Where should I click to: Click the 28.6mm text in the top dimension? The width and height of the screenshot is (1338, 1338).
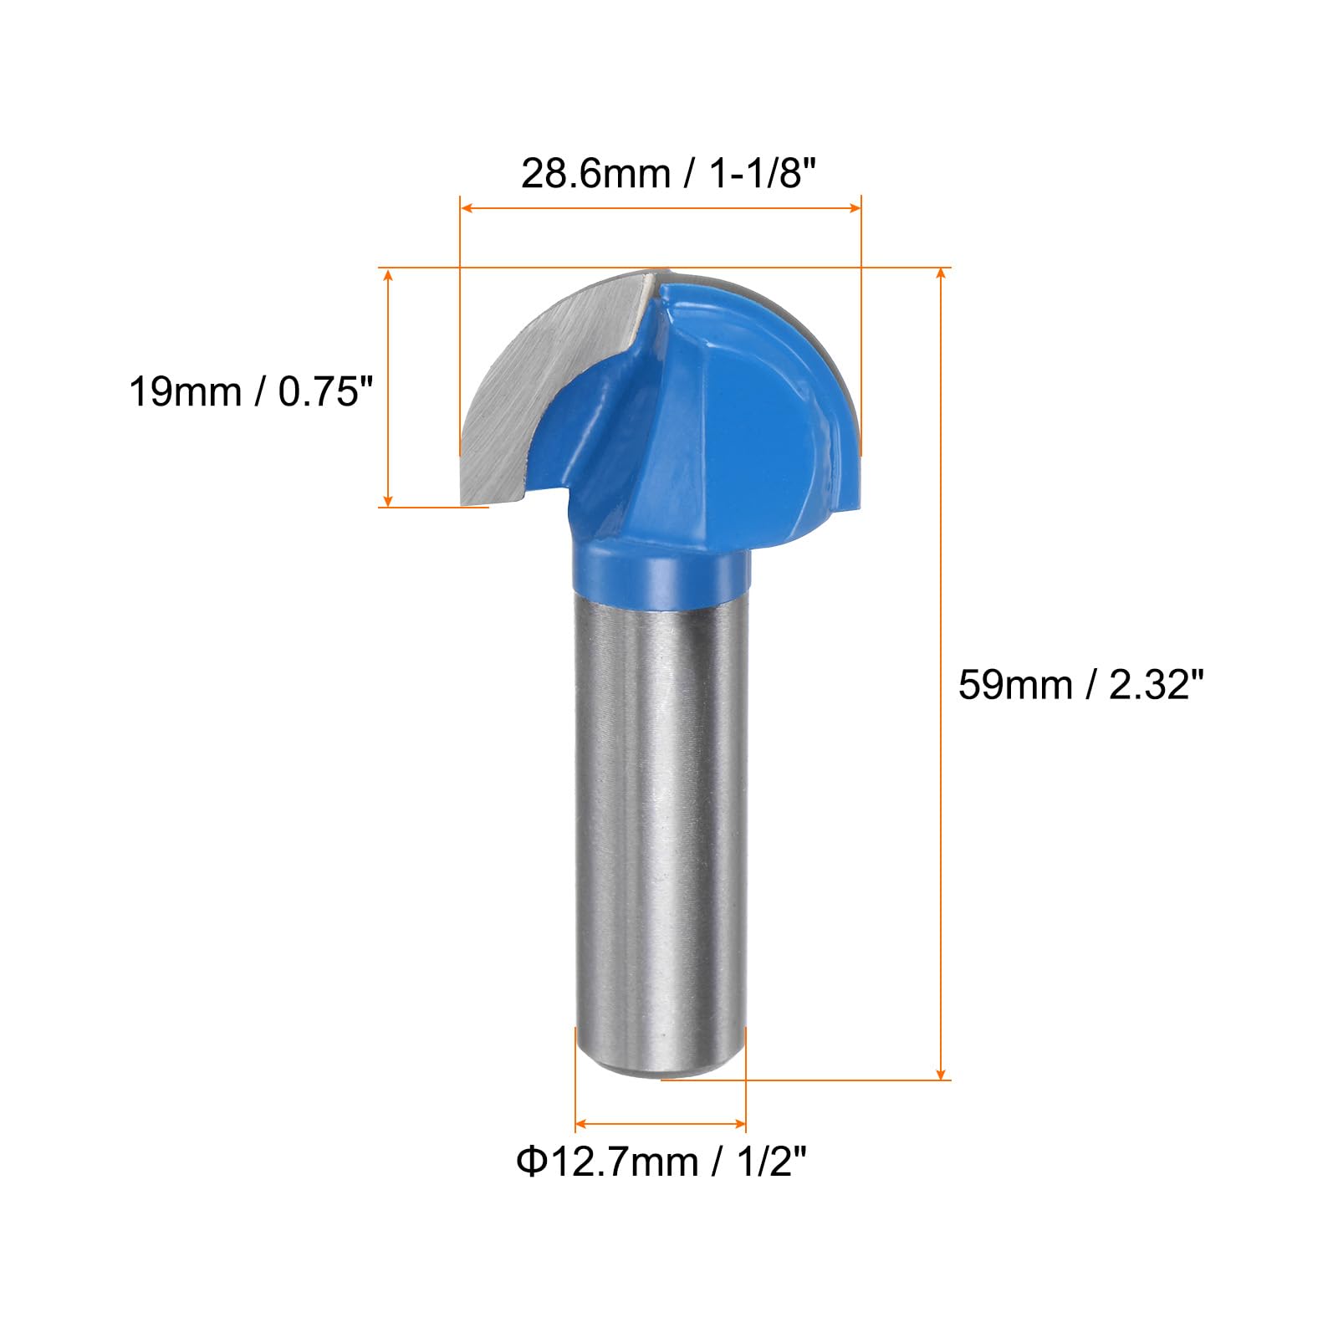pos(596,174)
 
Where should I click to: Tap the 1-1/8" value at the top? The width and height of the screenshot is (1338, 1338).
pos(762,174)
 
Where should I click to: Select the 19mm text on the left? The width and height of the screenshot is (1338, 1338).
pos(185,391)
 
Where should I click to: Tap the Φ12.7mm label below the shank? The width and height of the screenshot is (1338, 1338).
pos(607,1162)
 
